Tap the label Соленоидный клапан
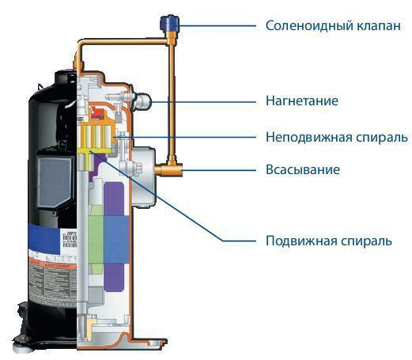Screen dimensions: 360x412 point(333,26)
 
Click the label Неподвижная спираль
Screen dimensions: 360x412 point(336,136)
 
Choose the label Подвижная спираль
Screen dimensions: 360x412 point(328,241)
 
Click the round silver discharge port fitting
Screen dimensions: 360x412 point(143,100)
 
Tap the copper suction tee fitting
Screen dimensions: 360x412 point(168,169)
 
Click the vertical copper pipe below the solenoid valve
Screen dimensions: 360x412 point(168,95)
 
